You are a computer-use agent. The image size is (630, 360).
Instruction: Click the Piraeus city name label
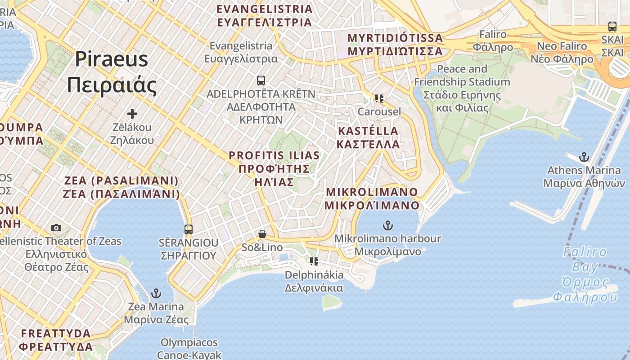(x=112, y=72)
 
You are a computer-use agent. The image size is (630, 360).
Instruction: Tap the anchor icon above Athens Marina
(x=584, y=157)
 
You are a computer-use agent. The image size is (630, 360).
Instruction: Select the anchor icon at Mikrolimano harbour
(x=387, y=225)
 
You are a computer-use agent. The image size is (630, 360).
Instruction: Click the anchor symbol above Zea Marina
(x=156, y=293)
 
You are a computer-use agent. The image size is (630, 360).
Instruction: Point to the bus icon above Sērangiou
(x=188, y=229)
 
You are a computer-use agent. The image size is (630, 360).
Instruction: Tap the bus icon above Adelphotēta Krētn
(x=261, y=81)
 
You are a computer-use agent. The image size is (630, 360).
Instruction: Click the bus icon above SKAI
(x=612, y=26)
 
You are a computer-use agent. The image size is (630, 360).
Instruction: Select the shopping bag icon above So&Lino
(x=262, y=234)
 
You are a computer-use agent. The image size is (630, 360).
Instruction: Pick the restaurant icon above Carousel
(x=379, y=98)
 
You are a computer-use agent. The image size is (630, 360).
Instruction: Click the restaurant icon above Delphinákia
(x=314, y=261)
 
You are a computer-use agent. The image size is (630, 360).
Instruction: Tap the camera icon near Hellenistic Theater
(x=56, y=228)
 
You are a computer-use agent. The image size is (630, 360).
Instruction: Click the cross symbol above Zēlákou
(x=132, y=114)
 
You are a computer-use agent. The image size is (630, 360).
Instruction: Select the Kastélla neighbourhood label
(x=368, y=137)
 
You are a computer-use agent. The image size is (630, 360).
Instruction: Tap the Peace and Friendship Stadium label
(x=462, y=88)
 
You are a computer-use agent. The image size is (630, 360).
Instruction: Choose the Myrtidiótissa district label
(x=395, y=44)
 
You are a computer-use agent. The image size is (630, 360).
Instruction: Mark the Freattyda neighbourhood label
(x=56, y=340)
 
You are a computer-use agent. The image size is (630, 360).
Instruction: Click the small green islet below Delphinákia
(x=332, y=302)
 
